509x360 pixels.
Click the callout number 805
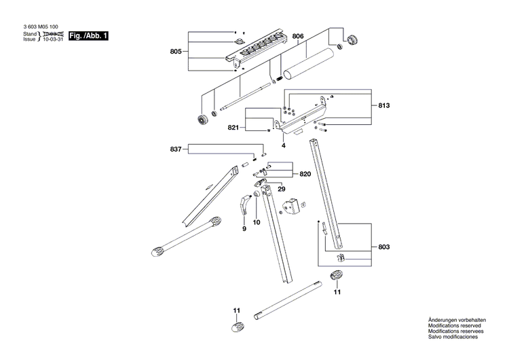[x=176, y=51]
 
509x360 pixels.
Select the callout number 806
[x=299, y=35]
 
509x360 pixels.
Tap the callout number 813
[x=383, y=106]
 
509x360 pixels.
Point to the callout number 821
[x=233, y=128]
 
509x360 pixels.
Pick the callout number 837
[x=176, y=150]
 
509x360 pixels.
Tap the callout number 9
[x=244, y=229]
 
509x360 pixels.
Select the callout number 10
[x=257, y=222]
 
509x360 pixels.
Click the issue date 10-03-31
[x=53, y=39]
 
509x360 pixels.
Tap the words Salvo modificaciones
[x=453, y=337]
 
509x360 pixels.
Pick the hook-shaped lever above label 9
[x=246, y=205]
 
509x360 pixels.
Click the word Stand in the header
[x=30, y=33]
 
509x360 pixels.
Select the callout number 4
[x=284, y=145]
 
